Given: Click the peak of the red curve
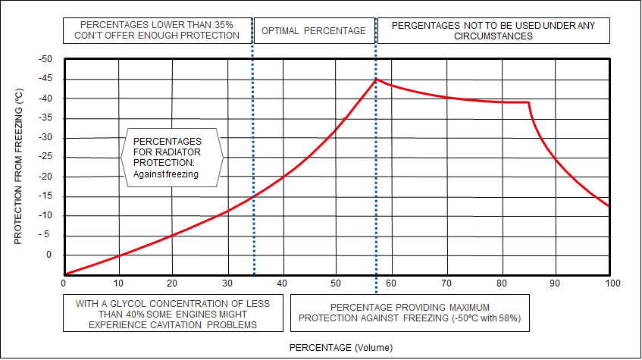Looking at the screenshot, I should point(377,79).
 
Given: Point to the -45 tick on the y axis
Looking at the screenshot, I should point(50,79).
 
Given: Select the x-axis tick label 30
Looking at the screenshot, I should point(227,283).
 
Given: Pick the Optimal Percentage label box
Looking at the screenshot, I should point(314,31).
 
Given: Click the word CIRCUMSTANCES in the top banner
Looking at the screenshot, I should point(493,36).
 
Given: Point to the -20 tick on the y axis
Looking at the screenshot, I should point(50,177).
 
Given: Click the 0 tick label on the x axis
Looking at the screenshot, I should point(64,283).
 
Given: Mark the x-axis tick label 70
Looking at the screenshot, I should point(446,283).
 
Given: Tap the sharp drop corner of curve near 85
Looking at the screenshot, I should point(528,102).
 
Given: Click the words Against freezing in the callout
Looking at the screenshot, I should point(165,174).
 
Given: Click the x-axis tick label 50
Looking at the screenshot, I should point(337,283).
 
